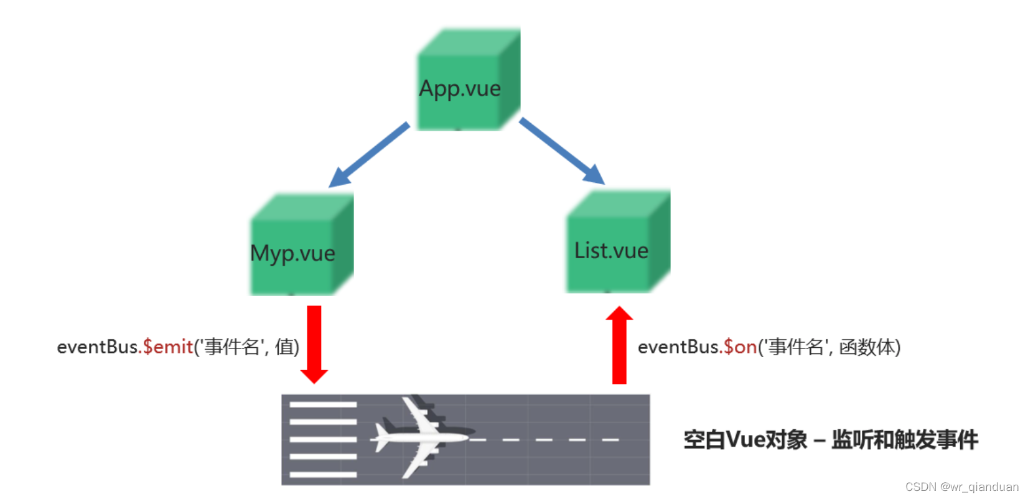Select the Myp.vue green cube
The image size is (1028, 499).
(x=301, y=246)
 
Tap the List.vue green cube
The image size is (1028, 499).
(x=617, y=243)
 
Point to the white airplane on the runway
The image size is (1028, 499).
(x=423, y=437)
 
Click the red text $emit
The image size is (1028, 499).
(x=168, y=347)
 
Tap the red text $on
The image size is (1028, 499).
(x=740, y=347)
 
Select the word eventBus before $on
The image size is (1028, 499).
(x=678, y=347)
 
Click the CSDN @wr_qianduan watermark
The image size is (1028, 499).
(x=961, y=487)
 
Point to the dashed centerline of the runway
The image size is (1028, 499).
(x=548, y=440)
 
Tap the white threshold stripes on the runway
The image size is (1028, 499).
(x=323, y=439)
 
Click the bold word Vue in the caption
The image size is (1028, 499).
(x=745, y=440)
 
